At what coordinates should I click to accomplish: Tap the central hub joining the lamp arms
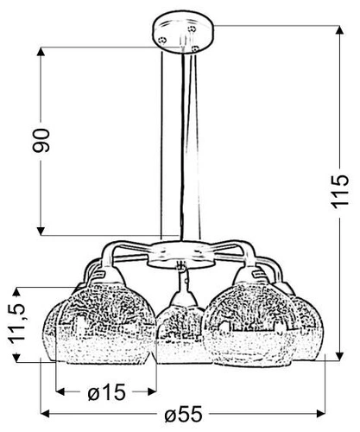(180, 254)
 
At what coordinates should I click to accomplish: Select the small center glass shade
(181, 323)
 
